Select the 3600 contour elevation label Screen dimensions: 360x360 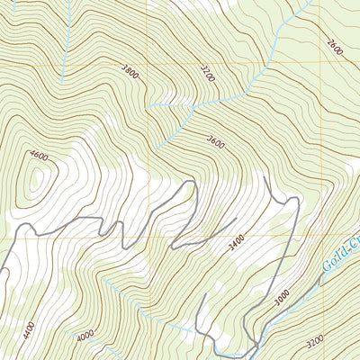point(214,140)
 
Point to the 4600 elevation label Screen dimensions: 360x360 point(39,155)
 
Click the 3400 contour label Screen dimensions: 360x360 point(237,240)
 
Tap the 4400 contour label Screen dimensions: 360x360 point(29,328)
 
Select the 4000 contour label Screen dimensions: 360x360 point(85,336)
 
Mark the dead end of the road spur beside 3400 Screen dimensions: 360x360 point(237,218)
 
